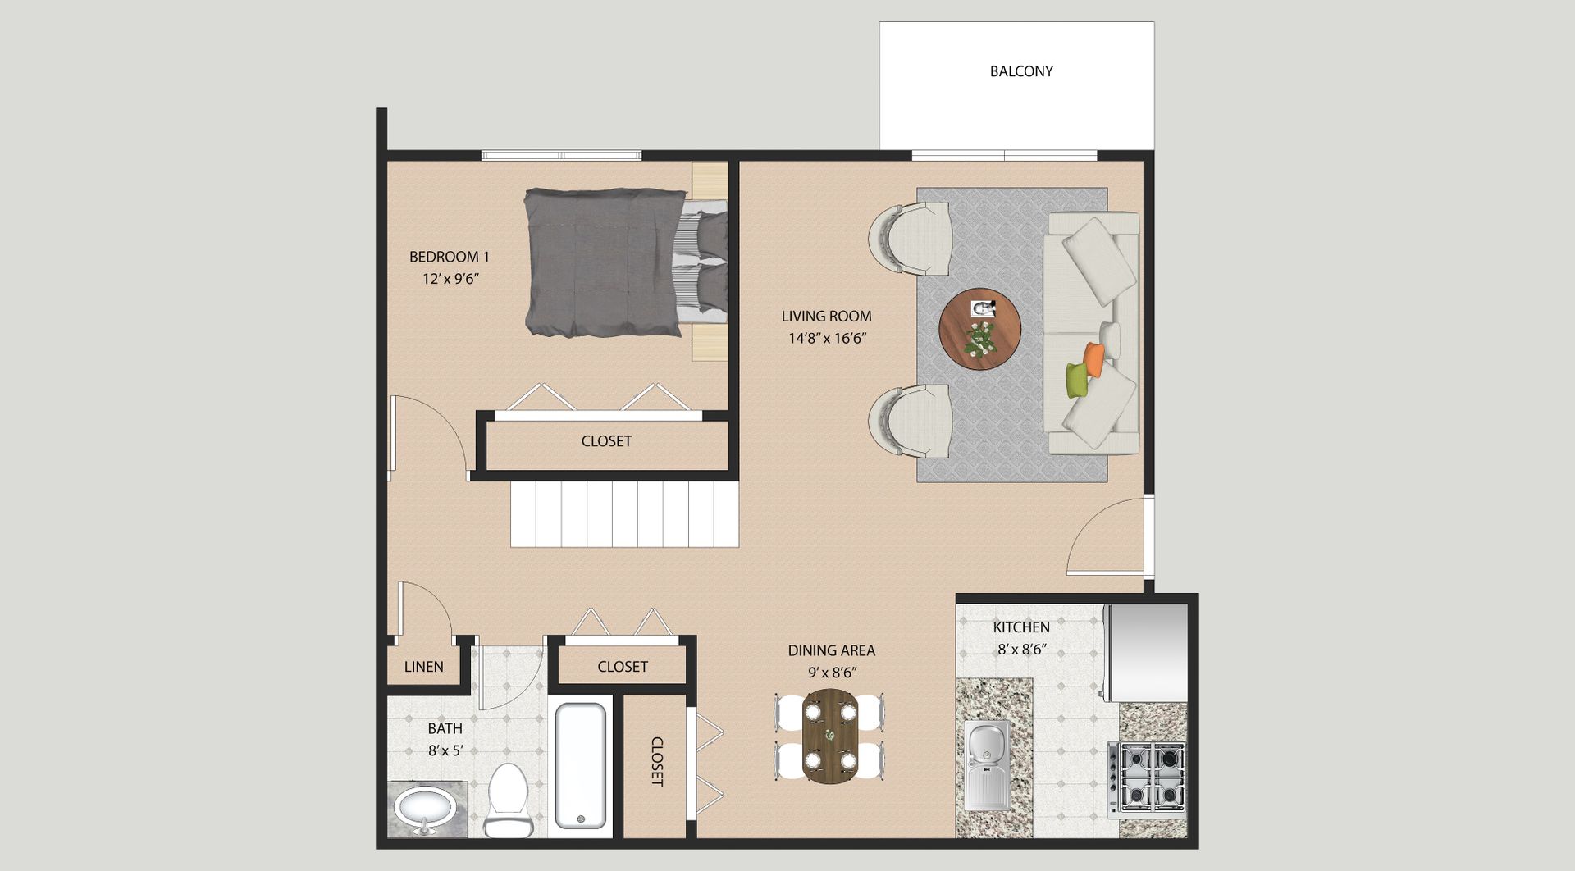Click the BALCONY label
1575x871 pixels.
(1021, 71)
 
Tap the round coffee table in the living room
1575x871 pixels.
(980, 329)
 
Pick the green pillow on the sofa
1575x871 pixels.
(1077, 381)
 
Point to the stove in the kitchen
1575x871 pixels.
(1147, 779)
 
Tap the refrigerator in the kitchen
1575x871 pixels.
(1145, 654)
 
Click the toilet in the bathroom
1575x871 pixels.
(508, 800)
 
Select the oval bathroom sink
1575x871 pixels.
(424, 809)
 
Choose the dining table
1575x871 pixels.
(829, 736)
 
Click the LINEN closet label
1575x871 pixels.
(424, 667)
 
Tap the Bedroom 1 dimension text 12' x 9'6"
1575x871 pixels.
(450, 279)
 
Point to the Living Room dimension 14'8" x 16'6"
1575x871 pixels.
(827, 338)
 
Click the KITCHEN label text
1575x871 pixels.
(1021, 627)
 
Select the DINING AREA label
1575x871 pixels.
(832, 650)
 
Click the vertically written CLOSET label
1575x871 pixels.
(657, 762)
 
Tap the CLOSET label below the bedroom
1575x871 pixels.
(606, 441)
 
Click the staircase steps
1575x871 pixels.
(625, 514)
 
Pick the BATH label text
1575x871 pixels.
(445, 728)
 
